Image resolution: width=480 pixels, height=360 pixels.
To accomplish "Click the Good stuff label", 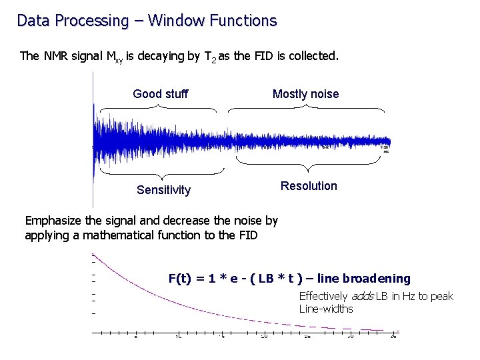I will coord(161,94).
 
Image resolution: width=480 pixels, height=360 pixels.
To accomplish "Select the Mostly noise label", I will coord(305,94).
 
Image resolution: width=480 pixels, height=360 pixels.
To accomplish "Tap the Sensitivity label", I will coord(163,190).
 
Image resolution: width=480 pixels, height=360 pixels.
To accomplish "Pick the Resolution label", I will coord(309,186).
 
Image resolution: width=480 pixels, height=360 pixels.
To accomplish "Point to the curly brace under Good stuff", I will coord(158,111).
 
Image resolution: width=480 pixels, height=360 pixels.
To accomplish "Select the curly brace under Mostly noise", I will coord(306,110).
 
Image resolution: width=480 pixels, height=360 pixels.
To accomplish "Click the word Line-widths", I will coord(326,309).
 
